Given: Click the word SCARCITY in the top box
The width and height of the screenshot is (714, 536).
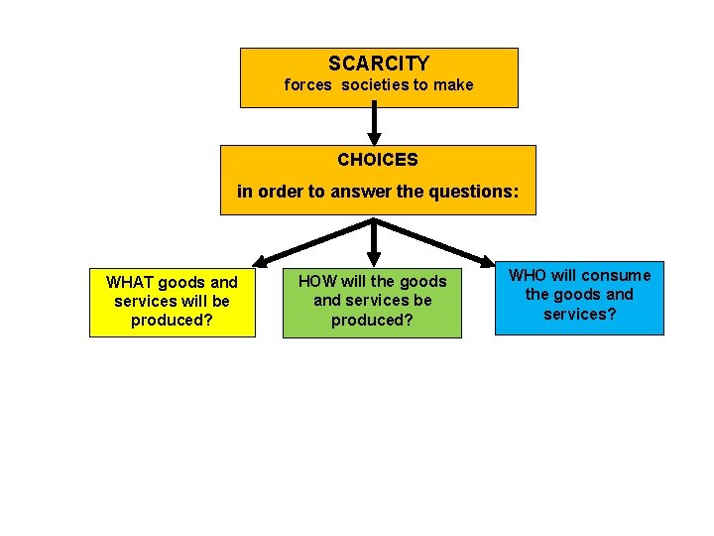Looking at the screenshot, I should tap(379, 64).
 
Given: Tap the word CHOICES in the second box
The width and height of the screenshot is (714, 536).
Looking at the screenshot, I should tap(377, 159).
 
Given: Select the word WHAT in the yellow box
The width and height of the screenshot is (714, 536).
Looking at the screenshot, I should tap(129, 282).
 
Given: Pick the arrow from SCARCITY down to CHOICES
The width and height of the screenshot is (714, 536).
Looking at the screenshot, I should tap(374, 125).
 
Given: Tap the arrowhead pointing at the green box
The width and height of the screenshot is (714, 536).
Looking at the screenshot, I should tap(374, 258).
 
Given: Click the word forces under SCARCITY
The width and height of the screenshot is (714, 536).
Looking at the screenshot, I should tap(307, 85).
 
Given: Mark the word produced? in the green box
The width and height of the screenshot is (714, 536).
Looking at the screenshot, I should tap(372, 320).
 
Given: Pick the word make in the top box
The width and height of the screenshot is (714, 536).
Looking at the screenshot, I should tap(454, 85).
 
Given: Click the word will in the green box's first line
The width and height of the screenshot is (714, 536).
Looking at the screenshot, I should tap(354, 282).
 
